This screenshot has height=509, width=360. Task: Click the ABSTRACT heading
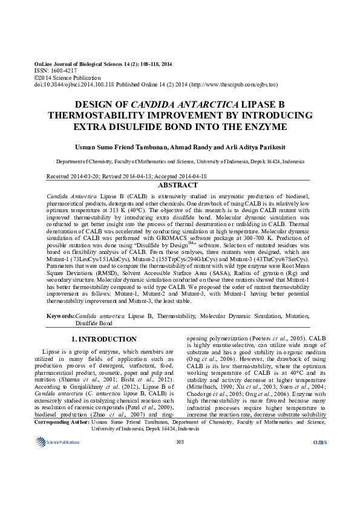pyautogui.click(x=181, y=185)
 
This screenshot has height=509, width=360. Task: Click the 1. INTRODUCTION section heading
pyautogui.click(x=104, y=339)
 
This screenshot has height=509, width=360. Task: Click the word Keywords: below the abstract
pyautogui.click(x=61, y=316)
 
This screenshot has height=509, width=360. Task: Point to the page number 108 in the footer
pyautogui.click(x=179, y=476)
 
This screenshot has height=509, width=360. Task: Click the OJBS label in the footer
pyautogui.click(x=319, y=476)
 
